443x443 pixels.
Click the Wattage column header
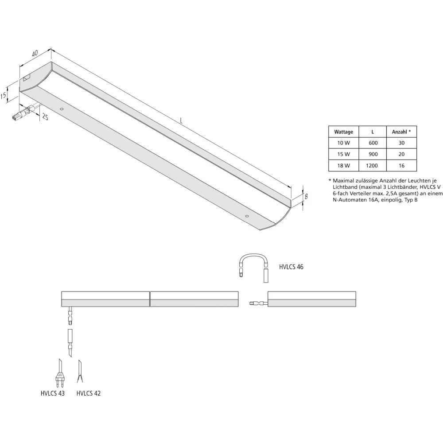(344, 132)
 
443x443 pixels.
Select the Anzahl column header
(401, 132)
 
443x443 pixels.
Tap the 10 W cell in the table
(344, 143)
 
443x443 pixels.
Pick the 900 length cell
(373, 154)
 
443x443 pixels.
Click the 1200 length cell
(372, 166)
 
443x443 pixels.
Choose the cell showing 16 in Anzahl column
(401, 166)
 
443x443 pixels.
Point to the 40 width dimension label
(35, 54)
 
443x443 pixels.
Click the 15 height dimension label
(3, 96)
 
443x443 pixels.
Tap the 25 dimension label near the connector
(45, 117)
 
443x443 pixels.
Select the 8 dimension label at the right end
(306, 196)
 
